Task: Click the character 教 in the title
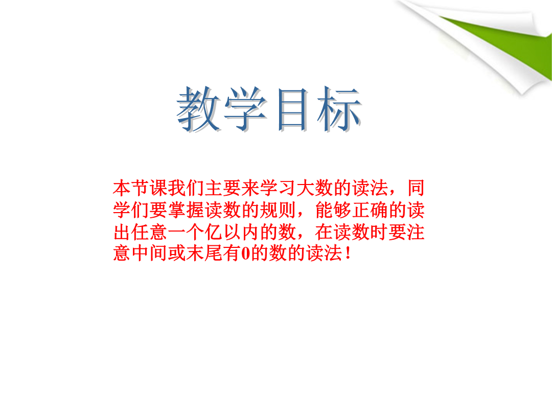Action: pos(199,109)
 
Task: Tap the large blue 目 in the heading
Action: pos(293,109)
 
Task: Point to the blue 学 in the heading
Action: pos(246,109)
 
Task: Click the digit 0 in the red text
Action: pos(245,254)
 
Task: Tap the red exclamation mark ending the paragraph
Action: pos(348,254)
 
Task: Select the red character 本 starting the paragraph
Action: pos(122,188)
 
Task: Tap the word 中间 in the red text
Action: pos(149,254)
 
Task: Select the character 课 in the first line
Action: pos(158,188)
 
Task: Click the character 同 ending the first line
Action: pos(416,188)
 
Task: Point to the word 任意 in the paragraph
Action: pos(149,232)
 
